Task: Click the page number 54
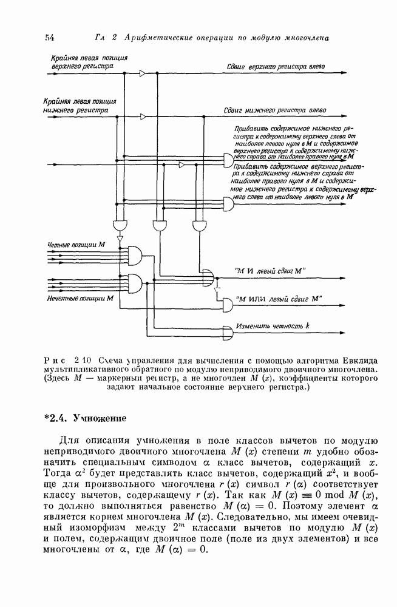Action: [x=50, y=38]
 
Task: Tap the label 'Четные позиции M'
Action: [x=76, y=245]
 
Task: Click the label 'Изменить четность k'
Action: [x=273, y=326]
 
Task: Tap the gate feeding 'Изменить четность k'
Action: [x=228, y=333]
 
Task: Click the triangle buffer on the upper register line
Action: [x=142, y=74]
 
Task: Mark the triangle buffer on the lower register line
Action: [x=142, y=116]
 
